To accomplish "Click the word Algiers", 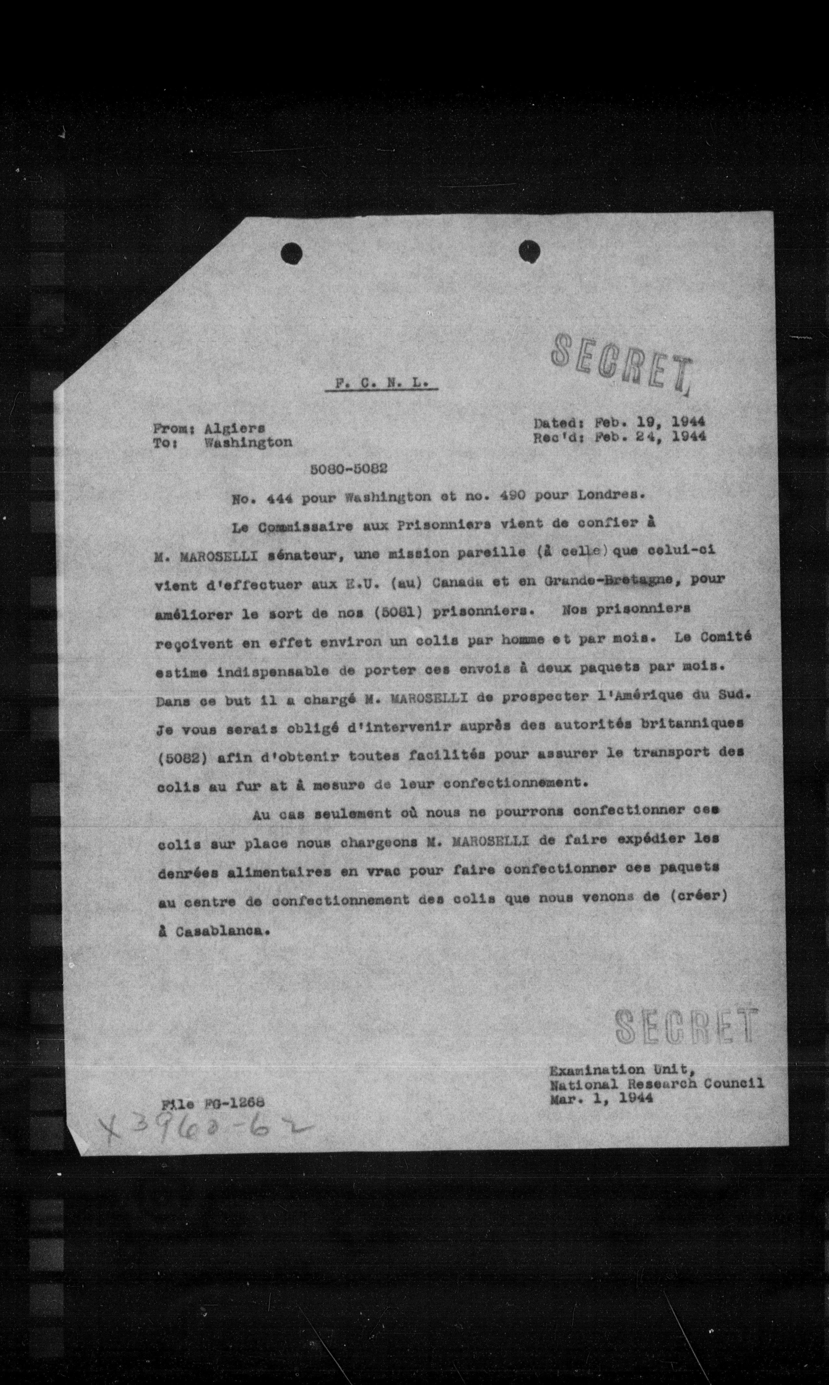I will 235,428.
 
